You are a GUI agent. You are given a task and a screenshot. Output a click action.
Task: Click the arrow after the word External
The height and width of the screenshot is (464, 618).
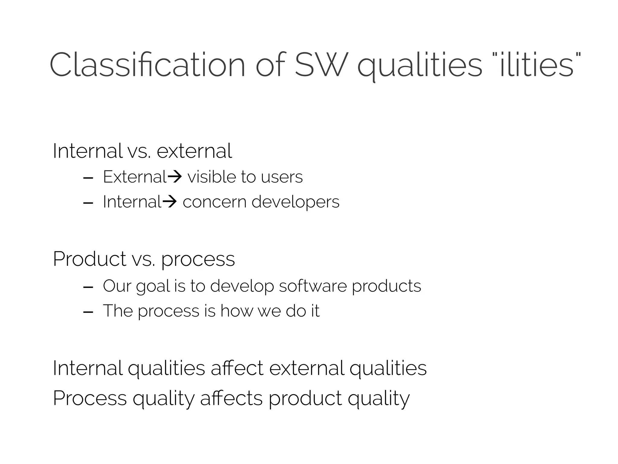tap(174, 176)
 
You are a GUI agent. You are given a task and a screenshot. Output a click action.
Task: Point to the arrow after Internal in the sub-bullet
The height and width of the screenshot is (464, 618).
tap(170, 201)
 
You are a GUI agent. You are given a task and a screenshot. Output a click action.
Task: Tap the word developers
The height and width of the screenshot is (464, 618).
tap(295, 202)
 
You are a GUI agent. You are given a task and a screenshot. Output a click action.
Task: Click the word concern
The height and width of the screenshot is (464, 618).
tap(215, 202)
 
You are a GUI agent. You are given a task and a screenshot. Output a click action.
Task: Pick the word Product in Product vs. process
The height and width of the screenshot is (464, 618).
tap(89, 259)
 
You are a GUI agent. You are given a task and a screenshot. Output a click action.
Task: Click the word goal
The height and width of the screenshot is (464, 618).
tap(153, 286)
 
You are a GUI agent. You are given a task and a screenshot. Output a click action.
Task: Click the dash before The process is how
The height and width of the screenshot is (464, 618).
tap(88, 312)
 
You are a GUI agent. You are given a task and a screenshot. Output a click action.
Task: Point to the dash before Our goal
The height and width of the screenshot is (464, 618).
tap(88, 288)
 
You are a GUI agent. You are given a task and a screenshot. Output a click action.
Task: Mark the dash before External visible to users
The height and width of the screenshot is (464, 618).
tap(88, 179)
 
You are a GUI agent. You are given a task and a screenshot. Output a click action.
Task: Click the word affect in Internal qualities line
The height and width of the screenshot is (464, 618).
tap(237, 368)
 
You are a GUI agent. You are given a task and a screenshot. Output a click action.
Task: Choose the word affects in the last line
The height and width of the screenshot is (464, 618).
tap(231, 398)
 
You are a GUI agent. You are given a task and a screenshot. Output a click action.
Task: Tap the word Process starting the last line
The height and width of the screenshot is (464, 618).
tap(90, 398)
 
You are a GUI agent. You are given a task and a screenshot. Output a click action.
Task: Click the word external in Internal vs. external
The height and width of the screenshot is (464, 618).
tap(194, 151)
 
